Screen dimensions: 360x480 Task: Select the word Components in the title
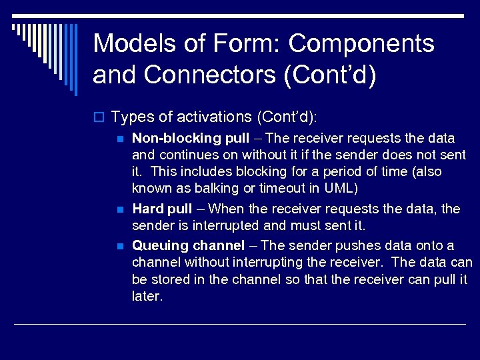(x=361, y=44)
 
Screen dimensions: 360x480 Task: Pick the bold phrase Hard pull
(x=162, y=209)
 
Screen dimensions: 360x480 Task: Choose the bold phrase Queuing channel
(x=188, y=245)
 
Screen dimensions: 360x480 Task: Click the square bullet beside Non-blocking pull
(x=120, y=139)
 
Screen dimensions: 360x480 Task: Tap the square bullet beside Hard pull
(x=120, y=210)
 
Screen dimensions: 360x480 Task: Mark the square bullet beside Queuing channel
(x=120, y=246)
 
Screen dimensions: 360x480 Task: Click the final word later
(x=147, y=296)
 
